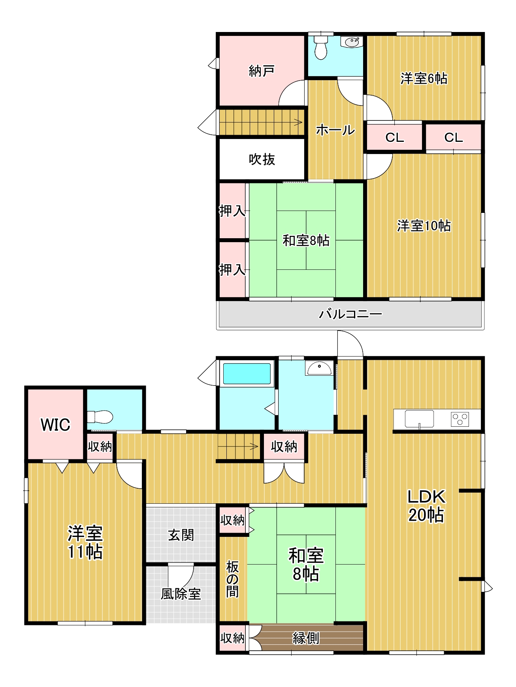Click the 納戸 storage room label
(261, 71)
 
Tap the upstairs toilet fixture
(320, 47)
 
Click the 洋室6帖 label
(424, 78)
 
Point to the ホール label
(335, 130)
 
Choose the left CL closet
(394, 137)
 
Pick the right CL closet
(453, 137)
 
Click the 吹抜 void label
(262, 159)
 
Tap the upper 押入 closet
(232, 211)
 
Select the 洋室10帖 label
(424, 226)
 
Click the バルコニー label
(350, 314)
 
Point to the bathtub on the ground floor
(247, 374)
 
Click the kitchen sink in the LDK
(419, 419)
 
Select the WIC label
(55, 425)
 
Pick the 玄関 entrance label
(181, 535)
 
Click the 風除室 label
(181, 594)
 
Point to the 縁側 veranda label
(305, 638)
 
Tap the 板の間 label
(232, 579)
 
